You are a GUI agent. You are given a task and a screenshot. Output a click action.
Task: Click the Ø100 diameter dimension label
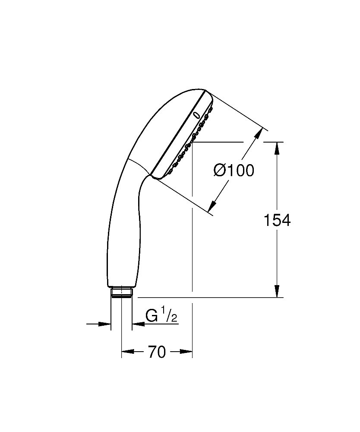[x=234, y=171]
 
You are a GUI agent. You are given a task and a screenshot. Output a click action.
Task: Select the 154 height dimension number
[x=277, y=220]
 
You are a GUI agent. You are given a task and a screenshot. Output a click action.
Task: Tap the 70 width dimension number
[x=157, y=353]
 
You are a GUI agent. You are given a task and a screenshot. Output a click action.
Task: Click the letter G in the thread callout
[x=152, y=316]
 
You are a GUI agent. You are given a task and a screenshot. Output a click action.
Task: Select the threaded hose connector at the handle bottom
[x=121, y=292]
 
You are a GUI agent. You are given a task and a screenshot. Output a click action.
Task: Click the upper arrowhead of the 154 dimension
[x=277, y=149]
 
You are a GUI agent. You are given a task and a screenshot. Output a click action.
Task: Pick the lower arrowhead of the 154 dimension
[x=277, y=290]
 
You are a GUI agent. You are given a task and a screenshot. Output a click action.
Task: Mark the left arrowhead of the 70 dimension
[x=127, y=352]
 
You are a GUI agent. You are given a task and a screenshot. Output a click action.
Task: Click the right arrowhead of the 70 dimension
[x=186, y=352]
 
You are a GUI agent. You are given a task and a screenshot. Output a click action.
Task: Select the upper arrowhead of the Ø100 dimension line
[x=258, y=133]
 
